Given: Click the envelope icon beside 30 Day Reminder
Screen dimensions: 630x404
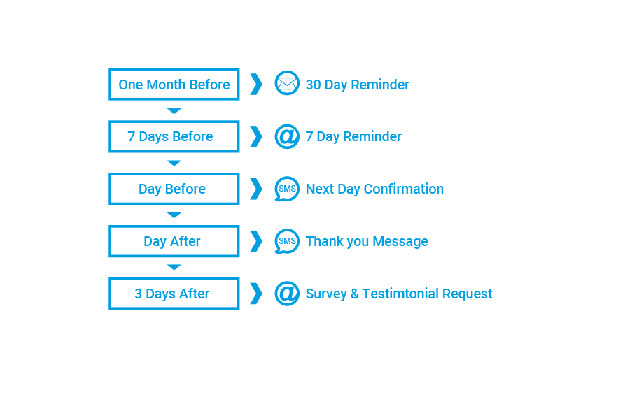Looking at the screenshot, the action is tap(287, 83).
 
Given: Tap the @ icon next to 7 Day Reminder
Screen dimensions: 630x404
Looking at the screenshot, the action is tap(287, 136).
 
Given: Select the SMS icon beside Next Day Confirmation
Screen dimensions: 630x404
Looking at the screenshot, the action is tap(287, 189).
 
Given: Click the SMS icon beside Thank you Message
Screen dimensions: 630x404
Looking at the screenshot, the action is tap(287, 241).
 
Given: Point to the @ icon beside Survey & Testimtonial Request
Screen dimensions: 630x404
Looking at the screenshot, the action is tap(287, 294).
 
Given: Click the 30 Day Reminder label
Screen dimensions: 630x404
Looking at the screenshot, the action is tap(357, 85).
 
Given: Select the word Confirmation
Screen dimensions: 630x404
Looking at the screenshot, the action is tap(403, 189).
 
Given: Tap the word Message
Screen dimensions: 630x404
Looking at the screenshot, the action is tap(400, 242).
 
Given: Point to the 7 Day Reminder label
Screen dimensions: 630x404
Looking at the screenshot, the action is tap(353, 137).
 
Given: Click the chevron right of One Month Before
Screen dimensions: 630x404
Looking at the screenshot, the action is tap(256, 85).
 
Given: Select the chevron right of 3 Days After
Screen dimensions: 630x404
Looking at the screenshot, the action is tap(256, 294).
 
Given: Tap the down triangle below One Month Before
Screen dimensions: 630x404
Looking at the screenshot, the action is tap(174, 110).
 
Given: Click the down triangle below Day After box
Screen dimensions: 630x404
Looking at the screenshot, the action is tap(174, 267).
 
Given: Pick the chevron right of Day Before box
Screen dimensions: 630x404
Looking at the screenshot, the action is tap(256, 189).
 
